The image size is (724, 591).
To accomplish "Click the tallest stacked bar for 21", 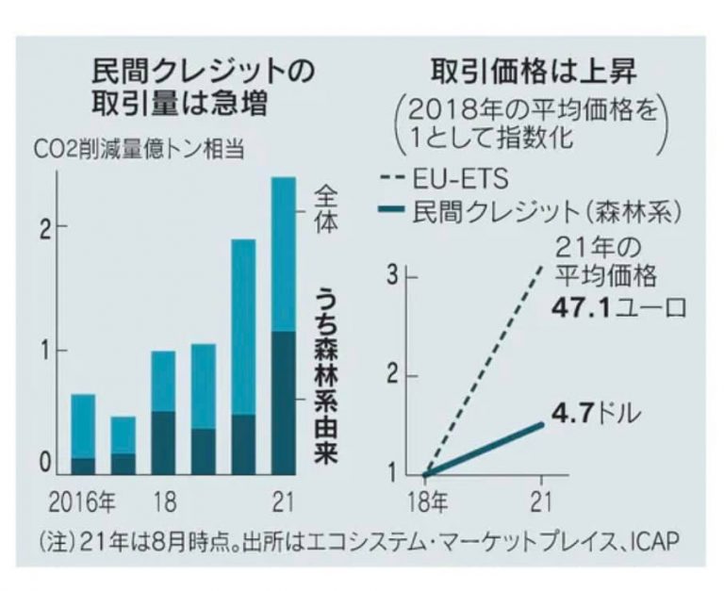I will click(283, 325).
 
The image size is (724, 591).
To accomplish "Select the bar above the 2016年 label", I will click(84, 434).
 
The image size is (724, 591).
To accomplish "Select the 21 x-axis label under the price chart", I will click(541, 499).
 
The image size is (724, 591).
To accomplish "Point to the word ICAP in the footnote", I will click(650, 543).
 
